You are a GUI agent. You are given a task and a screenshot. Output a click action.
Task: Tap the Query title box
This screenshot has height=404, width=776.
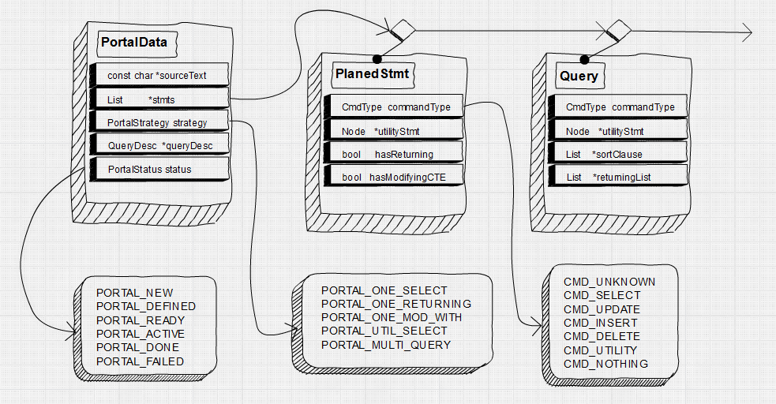point(579,77)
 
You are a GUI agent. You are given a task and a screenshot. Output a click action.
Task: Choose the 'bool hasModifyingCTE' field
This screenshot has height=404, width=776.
point(394,178)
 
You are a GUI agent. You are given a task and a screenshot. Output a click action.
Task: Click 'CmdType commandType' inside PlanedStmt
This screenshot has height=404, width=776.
point(394,107)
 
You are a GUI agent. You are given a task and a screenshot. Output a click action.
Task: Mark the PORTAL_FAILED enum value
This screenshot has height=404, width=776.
point(140,361)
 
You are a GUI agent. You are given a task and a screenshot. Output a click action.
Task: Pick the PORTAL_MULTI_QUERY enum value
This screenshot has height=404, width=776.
point(386,345)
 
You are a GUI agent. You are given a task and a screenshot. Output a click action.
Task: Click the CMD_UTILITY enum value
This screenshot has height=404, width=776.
point(600,350)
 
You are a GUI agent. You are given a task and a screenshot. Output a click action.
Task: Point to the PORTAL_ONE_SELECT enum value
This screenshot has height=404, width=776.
point(384,290)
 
